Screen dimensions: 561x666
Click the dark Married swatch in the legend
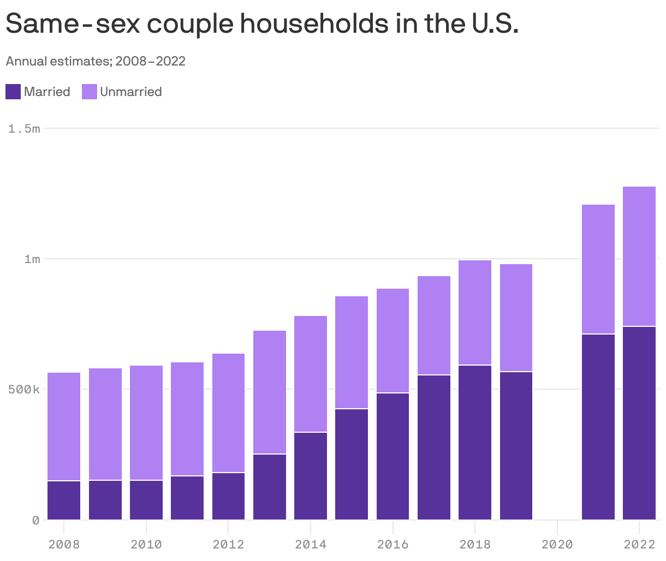[13, 92]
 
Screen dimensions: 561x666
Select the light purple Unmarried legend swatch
[90, 92]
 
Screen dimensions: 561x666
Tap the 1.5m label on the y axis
[25, 129]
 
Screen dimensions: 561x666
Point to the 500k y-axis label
[25, 390]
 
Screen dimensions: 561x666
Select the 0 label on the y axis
[36, 520]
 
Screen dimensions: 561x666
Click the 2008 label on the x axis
[64, 544]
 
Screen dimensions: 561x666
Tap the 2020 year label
[557, 544]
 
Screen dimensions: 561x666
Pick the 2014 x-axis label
[310, 544]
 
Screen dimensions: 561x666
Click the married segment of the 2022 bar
[639, 423]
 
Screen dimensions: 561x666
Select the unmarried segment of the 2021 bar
[598, 269]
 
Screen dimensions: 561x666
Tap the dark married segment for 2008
[64, 500]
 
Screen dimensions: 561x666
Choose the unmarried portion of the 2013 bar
[269, 392]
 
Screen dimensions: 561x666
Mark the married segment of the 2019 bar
[516, 445]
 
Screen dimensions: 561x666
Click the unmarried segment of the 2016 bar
[393, 341]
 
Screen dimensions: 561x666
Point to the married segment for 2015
[351, 464]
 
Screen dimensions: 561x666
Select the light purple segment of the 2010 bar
[146, 422]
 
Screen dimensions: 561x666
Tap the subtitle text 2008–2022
[151, 61]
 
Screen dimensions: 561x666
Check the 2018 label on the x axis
[474, 544]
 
